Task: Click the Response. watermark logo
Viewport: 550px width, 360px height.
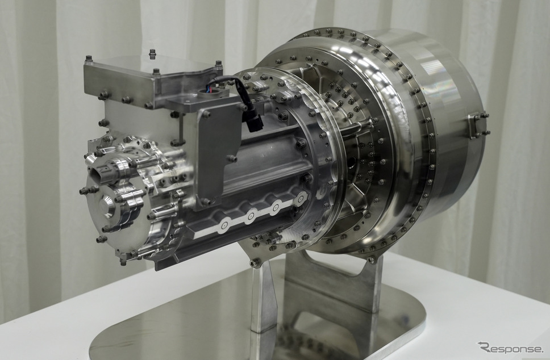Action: [x=510, y=348]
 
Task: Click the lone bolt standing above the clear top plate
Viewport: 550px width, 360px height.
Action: [x=153, y=54]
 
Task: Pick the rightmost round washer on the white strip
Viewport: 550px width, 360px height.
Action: [x=299, y=199]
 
